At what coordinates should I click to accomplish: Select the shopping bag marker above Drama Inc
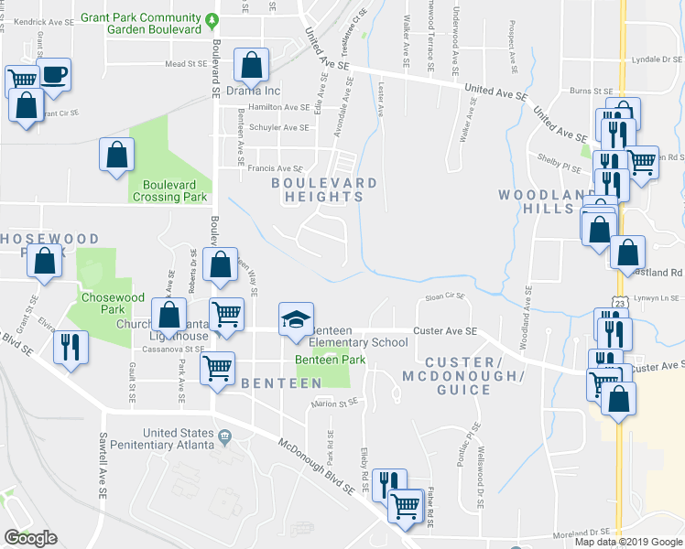(x=253, y=65)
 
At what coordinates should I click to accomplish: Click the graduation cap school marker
(x=296, y=319)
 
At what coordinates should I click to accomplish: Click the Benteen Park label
(x=330, y=360)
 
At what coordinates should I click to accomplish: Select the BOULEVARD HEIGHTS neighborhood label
(x=325, y=189)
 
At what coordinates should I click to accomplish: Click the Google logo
(x=30, y=538)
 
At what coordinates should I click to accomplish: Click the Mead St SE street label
(x=187, y=64)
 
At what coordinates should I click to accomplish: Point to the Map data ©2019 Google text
(x=628, y=542)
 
